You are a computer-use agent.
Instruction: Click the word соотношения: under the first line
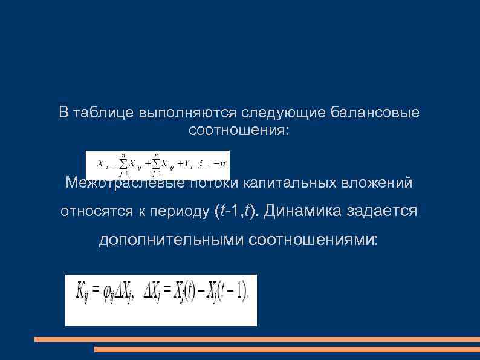coord(239,130)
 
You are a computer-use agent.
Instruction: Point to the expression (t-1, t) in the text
coord(236,211)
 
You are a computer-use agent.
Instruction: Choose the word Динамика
coord(299,211)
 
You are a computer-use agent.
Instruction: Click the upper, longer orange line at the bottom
coord(257,339)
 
